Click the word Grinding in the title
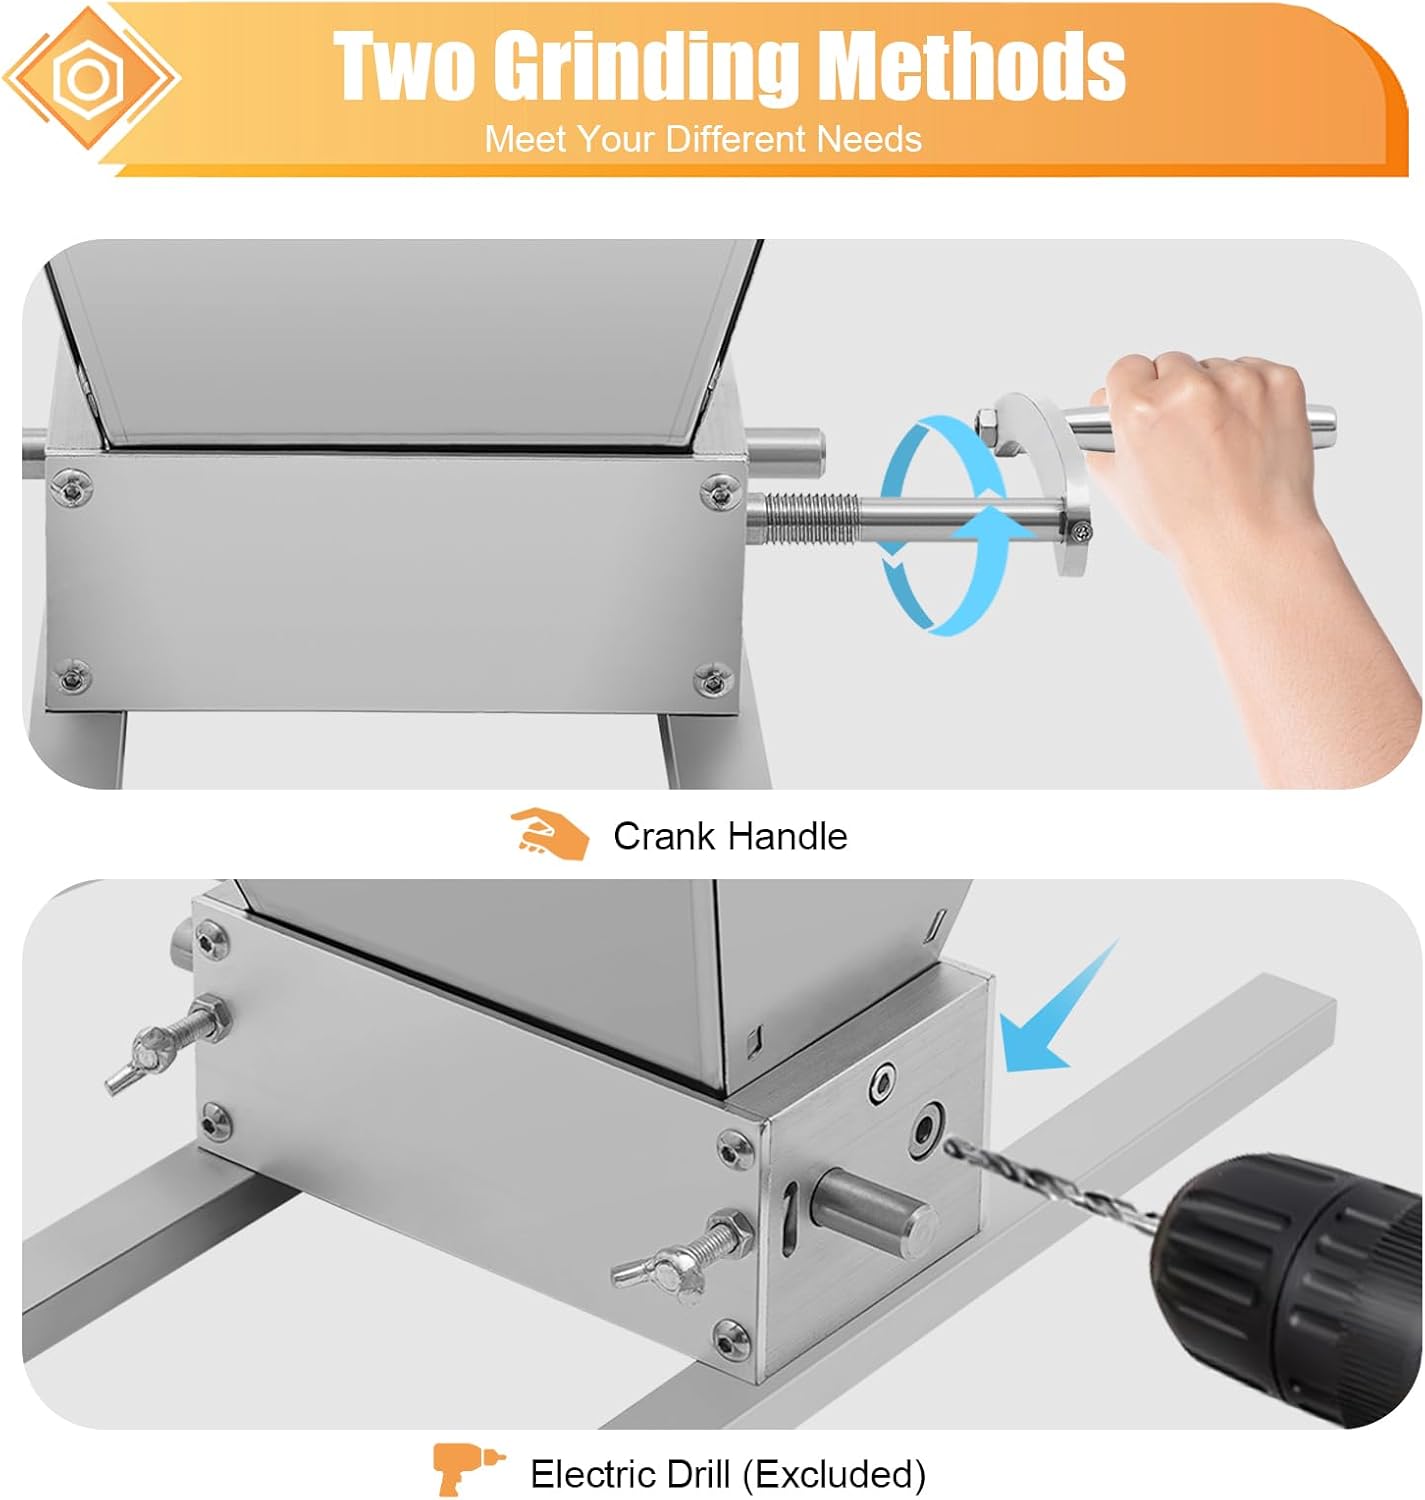pyautogui.click(x=646, y=66)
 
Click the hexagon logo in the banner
pyautogui.click(x=90, y=77)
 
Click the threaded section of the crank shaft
pyautogui.click(x=809, y=519)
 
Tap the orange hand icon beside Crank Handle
pyautogui.click(x=550, y=834)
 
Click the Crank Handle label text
pyautogui.click(x=730, y=836)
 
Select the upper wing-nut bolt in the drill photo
pyautogui.click(x=168, y=1044)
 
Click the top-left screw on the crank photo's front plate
pyautogui.click(x=73, y=489)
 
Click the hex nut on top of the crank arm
pyautogui.click(x=985, y=420)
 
